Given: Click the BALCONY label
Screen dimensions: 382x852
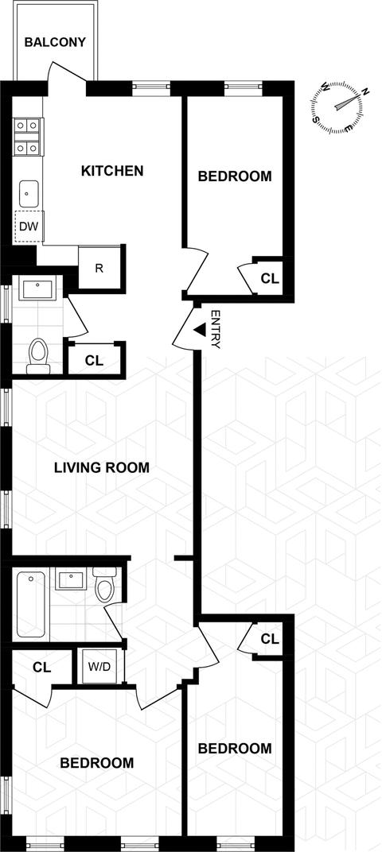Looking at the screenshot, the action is pos(55,42).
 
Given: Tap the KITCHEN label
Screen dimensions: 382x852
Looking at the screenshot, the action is pos(112,171).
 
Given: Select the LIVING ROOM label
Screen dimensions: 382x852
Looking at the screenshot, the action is pos(102,467).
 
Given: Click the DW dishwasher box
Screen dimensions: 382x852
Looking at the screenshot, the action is pos(29,226).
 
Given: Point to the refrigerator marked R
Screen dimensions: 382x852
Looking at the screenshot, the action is pos(99,268).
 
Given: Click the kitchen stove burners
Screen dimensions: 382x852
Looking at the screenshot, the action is pos(27,137).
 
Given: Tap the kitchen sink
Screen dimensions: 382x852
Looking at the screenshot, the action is pos(29,194).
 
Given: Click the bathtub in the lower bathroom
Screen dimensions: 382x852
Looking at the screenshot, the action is pos(31,604).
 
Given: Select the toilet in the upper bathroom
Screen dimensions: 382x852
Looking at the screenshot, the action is pos(39,355).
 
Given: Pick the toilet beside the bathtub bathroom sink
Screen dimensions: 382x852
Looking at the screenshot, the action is pos(104,584).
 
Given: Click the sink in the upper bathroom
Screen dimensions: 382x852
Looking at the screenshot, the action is pos(37,289).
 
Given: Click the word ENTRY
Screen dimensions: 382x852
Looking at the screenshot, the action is pos(215,329).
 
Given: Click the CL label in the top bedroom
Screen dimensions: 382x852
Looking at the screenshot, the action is pos(269,279).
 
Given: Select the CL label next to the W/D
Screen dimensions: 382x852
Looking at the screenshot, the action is pos(42,667).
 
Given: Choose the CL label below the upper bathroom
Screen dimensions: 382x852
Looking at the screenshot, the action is pos(95,360).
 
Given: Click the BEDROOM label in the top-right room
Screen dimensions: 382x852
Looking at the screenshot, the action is pos(235,176).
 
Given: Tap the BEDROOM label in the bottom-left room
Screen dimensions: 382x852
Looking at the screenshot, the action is pos(97,763).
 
